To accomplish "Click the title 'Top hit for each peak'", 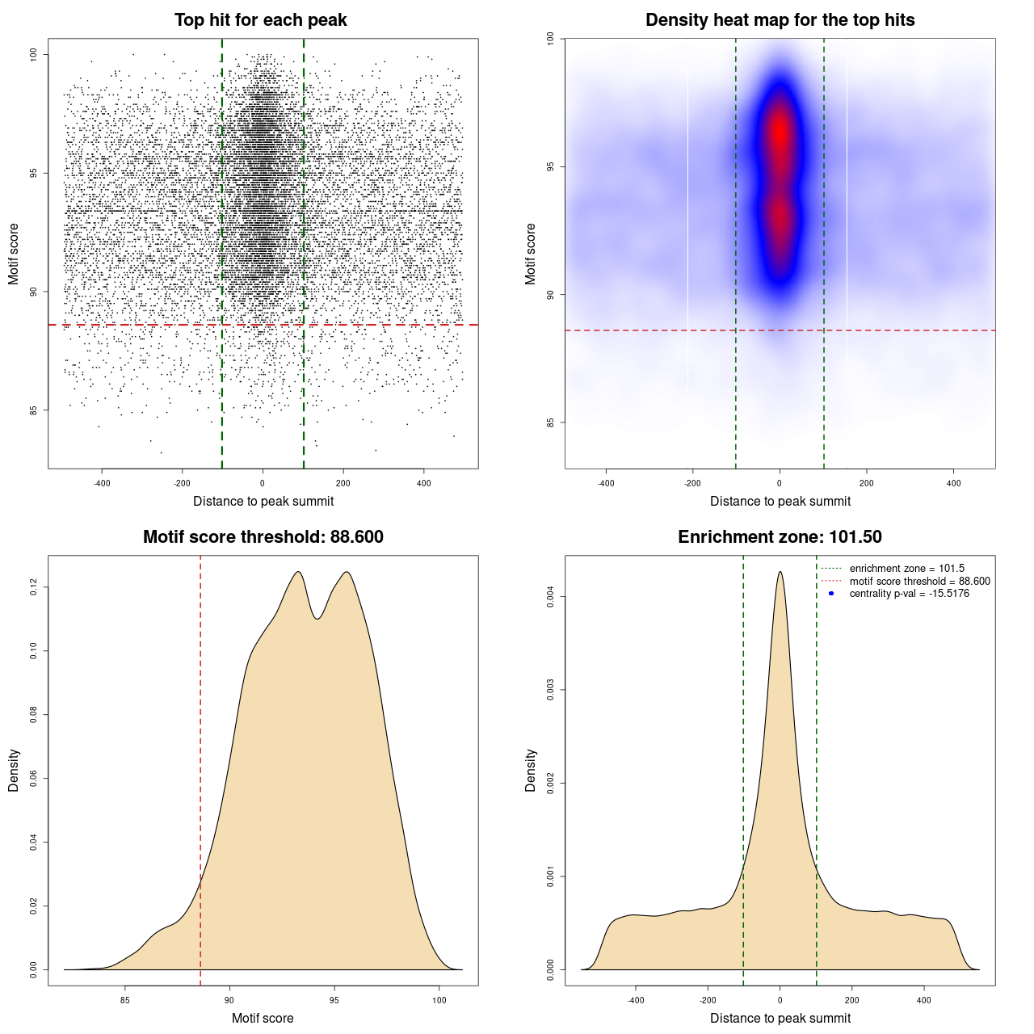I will pyautogui.click(x=260, y=20).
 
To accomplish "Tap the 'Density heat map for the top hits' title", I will pyautogui.click(x=780, y=20).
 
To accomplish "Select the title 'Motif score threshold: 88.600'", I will pyautogui.click(x=263, y=537).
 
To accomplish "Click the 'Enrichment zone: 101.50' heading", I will pyautogui.click(x=780, y=537).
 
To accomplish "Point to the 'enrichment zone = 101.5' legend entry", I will pyautogui.click(x=906, y=569).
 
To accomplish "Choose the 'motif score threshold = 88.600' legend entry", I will pyautogui.click(x=919, y=582).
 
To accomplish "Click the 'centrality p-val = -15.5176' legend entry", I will pyautogui.click(x=909, y=594).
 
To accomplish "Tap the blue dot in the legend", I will pyautogui.click(x=831, y=594).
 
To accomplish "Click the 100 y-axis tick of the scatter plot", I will pyautogui.click(x=34, y=54).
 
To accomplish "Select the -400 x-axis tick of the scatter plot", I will pyautogui.click(x=102, y=483).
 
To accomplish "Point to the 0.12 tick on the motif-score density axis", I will pyautogui.click(x=34, y=587).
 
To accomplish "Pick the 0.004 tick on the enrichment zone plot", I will pyautogui.click(x=551, y=597).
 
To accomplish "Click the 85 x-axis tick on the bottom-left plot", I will pyautogui.click(x=125, y=1000).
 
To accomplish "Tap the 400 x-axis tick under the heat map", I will pyautogui.click(x=954, y=483).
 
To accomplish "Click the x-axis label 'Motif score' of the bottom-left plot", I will pyautogui.click(x=263, y=1018).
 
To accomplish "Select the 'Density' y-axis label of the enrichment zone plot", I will pyautogui.click(x=531, y=770).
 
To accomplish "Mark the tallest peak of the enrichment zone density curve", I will pyautogui.click(x=780, y=573).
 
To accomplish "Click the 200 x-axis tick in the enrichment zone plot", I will pyautogui.click(x=852, y=1000).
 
